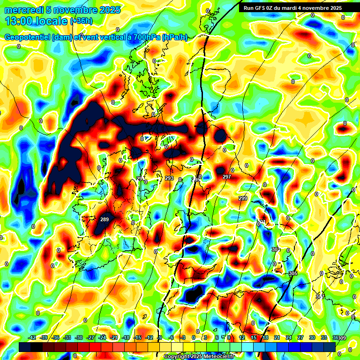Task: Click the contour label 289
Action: [x=105, y=219]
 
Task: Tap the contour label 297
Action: [x=227, y=177]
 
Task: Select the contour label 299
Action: [x=243, y=198]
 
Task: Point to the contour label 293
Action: [x=169, y=178]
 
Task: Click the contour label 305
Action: [x=293, y=273]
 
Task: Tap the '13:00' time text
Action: [x=19, y=21]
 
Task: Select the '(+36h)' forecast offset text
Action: [x=81, y=21]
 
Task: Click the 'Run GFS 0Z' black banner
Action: [x=292, y=8]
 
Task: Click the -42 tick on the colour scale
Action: [x=32, y=338]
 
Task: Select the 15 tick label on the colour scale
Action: [x=254, y=338]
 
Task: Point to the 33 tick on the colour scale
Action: [x=324, y=338]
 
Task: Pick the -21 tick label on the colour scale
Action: [x=114, y=338]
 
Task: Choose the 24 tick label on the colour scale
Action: [x=289, y=338]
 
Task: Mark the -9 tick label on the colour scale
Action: [x=159, y=338]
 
